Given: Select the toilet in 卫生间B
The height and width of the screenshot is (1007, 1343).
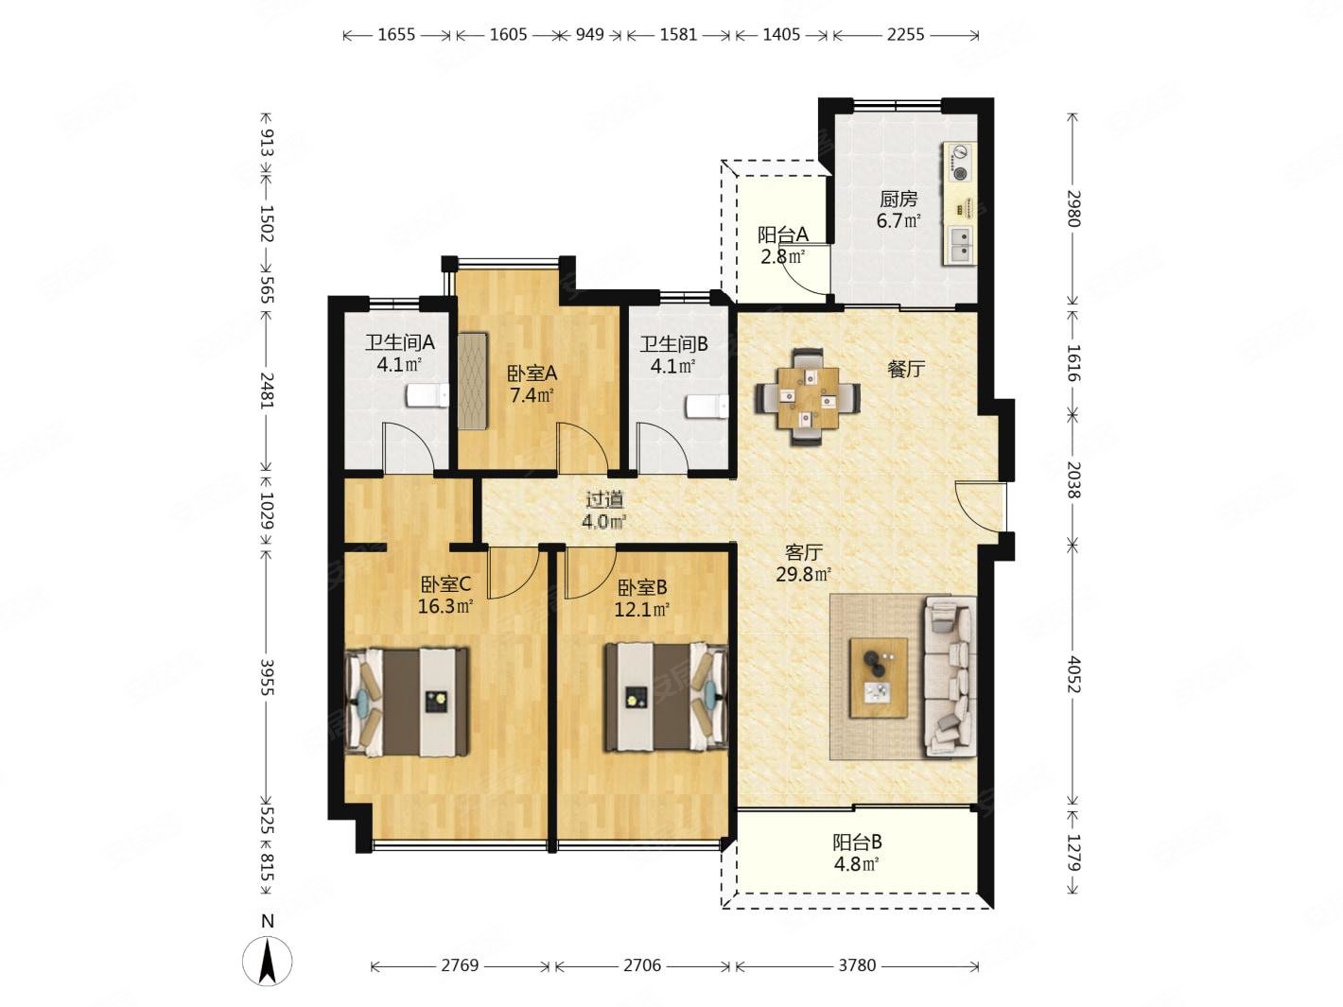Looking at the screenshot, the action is click(706, 407).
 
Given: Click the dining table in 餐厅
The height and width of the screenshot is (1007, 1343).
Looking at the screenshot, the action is click(808, 397).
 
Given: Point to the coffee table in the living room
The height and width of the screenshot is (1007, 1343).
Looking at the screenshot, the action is click(878, 677).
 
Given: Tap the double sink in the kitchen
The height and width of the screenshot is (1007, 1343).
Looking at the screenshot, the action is click(960, 245).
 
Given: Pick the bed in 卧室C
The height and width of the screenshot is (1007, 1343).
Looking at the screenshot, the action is click(407, 702).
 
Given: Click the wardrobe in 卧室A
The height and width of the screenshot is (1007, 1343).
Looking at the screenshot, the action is click(472, 380).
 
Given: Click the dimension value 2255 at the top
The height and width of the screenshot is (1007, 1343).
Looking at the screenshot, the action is click(905, 34).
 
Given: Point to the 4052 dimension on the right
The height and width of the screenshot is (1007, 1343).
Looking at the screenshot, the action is click(1073, 674).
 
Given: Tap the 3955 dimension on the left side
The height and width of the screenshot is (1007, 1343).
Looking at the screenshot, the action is click(268, 677).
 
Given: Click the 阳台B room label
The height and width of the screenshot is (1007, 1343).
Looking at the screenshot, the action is click(857, 842).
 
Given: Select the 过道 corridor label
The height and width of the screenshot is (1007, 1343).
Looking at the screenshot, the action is click(604, 499).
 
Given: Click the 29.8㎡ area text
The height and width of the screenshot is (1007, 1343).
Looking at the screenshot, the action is click(803, 574).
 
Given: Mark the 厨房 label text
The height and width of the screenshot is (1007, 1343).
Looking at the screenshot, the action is click(898, 199).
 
